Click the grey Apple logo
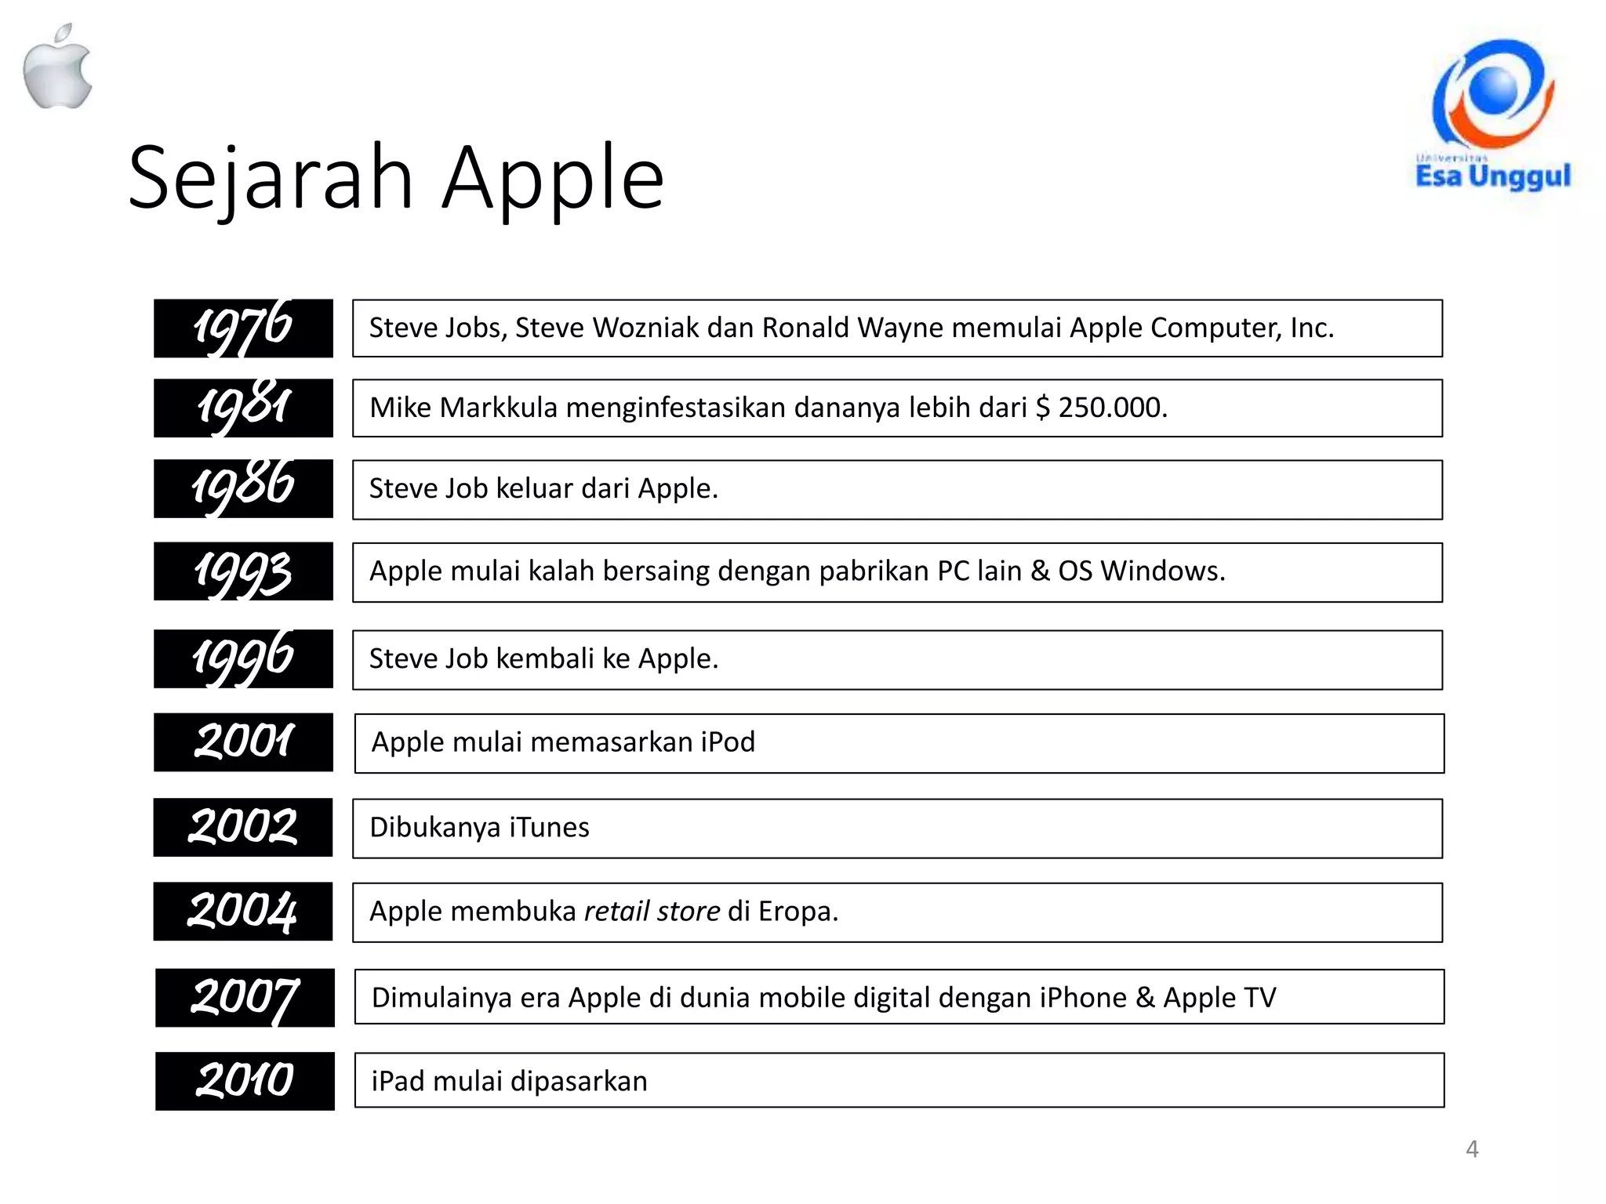point(57,69)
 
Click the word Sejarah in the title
point(271,178)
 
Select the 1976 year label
point(243,328)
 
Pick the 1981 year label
point(243,408)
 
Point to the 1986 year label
point(243,488)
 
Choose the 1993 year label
point(243,571)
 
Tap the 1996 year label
point(243,658)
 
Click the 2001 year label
point(243,742)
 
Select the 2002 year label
point(243,827)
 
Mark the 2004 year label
point(243,911)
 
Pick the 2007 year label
point(245,998)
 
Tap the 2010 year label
point(245,1081)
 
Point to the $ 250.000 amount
point(1101,408)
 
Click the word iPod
point(728,742)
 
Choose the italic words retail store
point(652,911)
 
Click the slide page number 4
point(1472,1149)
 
